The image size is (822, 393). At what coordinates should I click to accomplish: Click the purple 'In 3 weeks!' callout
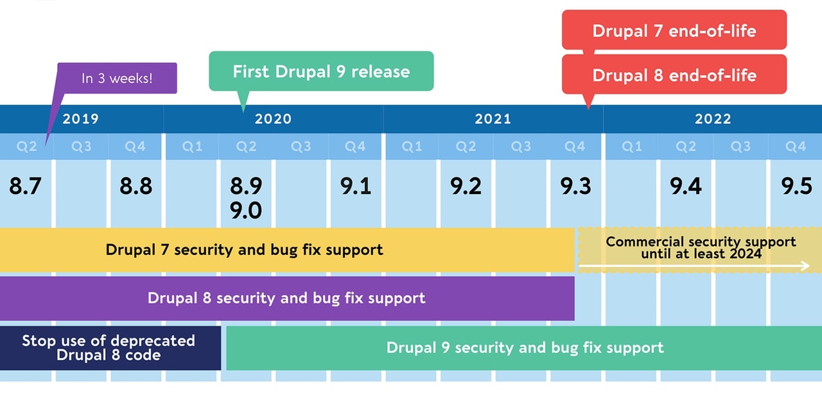coord(117,78)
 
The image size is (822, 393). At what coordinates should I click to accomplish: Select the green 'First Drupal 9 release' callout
coord(321,71)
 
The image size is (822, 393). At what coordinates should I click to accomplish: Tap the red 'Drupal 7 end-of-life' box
coord(674,30)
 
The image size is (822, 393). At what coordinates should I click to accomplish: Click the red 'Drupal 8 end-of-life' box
coord(674,74)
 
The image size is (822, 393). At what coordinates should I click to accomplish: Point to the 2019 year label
coord(80,119)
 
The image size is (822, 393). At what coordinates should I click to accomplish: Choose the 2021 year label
coord(493,119)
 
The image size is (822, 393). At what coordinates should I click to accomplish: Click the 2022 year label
coord(712,119)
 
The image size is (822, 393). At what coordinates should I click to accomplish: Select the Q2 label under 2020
coord(246,146)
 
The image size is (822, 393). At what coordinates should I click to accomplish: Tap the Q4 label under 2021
coord(575,146)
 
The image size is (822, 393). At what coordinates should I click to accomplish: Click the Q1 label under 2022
coord(631,146)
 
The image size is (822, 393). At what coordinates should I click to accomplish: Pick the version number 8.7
coord(25,186)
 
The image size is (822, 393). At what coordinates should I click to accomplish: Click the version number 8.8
coord(136,186)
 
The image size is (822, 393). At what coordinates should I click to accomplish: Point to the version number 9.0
coord(246,210)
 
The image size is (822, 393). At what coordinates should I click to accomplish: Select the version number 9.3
coord(575,186)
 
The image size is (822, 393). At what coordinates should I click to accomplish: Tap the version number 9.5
coord(796,186)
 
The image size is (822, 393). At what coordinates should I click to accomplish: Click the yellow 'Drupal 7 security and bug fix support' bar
coord(244,249)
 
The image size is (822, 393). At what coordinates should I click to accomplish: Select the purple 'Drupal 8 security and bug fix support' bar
coord(286,298)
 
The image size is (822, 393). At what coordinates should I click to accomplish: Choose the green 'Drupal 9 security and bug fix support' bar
coord(524,348)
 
